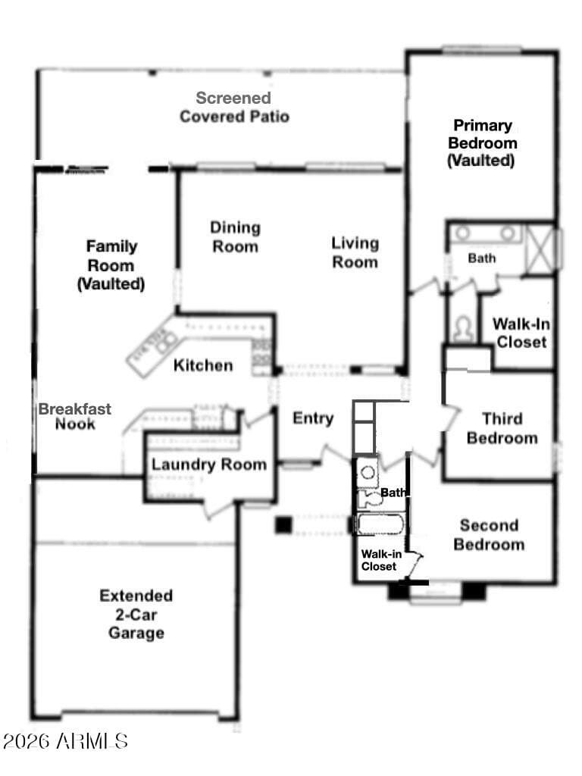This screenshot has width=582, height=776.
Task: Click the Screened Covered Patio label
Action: tap(234, 107)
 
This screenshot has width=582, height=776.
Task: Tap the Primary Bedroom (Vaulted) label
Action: tap(482, 143)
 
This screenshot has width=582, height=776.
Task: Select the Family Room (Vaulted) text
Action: tap(111, 265)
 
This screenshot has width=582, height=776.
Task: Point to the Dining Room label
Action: tap(235, 237)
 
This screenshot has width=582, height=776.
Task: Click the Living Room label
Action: tap(355, 252)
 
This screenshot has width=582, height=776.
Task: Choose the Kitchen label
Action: tap(203, 365)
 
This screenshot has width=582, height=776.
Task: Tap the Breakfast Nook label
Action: tap(75, 416)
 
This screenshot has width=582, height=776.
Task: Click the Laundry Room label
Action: tap(209, 465)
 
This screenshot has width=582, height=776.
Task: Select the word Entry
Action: tap(313, 418)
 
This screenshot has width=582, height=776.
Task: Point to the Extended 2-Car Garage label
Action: tap(136, 614)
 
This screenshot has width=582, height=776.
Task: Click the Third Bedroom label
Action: tap(502, 429)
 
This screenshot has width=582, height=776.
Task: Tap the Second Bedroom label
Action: tap(489, 534)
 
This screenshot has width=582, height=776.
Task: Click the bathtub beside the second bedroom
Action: tap(380, 524)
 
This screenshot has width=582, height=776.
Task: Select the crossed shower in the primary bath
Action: tap(540, 249)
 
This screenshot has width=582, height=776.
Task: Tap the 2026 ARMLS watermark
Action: tap(65, 741)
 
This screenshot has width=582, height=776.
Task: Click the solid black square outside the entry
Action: tap(283, 525)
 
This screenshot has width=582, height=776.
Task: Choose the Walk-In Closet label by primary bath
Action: tap(521, 333)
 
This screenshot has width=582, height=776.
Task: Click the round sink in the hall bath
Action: tap(368, 472)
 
